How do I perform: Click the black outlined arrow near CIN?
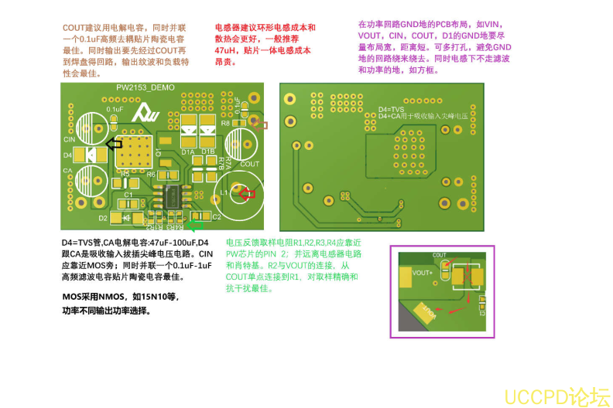tap(114, 143)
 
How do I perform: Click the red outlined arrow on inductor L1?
tap(247, 194)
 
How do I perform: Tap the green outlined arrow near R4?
tap(197, 226)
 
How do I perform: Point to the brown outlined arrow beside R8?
tap(260, 124)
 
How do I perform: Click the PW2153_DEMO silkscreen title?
tap(146, 87)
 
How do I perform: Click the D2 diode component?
tap(123, 218)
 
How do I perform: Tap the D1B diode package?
tap(207, 127)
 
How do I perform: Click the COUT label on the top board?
tap(249, 164)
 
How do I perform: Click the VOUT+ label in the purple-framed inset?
tap(423, 273)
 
